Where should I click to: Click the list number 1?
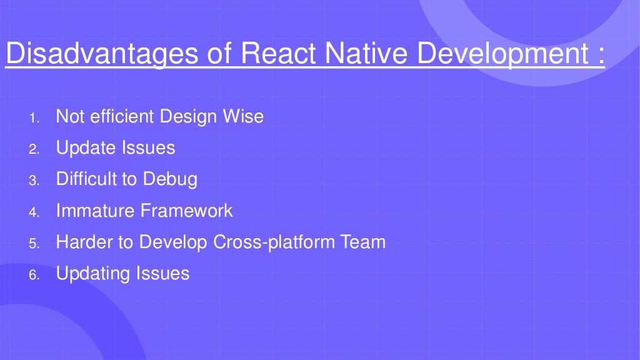click(x=34, y=117)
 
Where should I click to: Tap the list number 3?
click(x=34, y=181)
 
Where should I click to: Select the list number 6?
click(x=34, y=274)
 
